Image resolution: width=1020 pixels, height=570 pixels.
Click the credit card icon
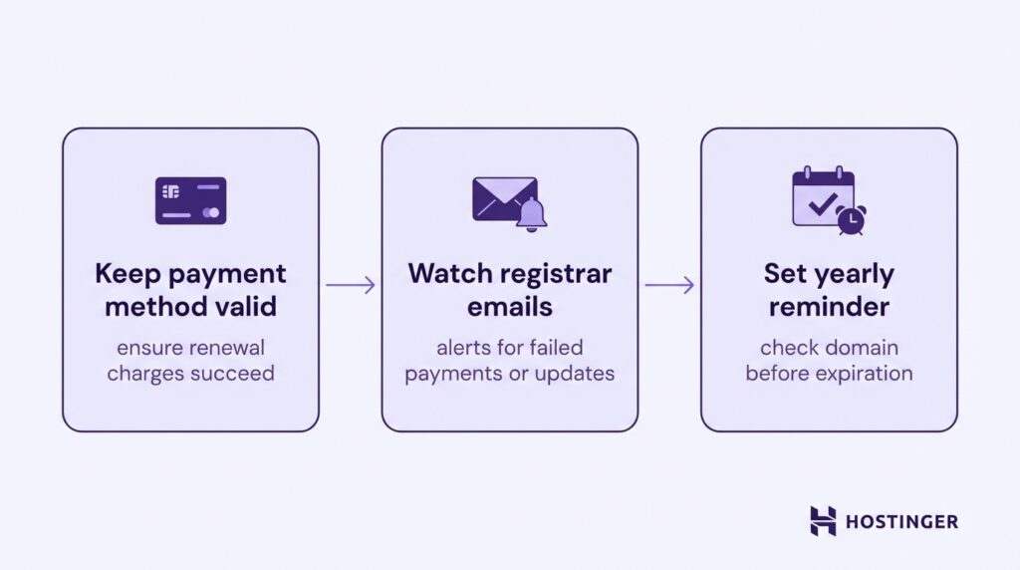[190, 200]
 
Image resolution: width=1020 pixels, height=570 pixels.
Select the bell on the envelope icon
[533, 214]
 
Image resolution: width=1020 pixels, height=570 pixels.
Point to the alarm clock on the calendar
[851, 220]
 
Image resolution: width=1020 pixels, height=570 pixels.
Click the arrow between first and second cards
[351, 285]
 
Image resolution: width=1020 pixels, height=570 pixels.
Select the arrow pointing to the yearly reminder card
[669, 285]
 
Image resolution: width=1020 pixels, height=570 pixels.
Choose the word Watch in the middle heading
[450, 273]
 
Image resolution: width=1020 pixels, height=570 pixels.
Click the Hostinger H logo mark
[823, 520]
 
